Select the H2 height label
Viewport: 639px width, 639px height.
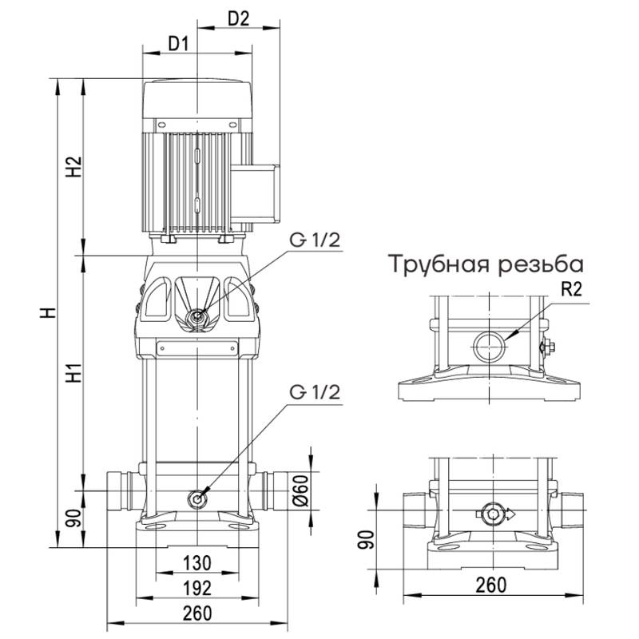[73, 166]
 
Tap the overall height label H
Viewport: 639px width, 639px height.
[50, 313]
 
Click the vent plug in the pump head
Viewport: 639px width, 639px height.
[196, 318]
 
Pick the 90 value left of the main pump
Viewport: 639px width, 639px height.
[73, 518]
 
